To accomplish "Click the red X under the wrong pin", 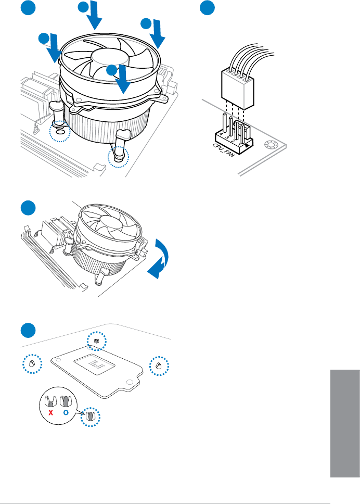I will click(x=50, y=413).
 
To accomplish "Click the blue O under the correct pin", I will click(x=66, y=413).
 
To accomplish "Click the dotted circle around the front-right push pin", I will click(x=120, y=155).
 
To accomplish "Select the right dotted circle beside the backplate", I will click(x=159, y=366).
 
